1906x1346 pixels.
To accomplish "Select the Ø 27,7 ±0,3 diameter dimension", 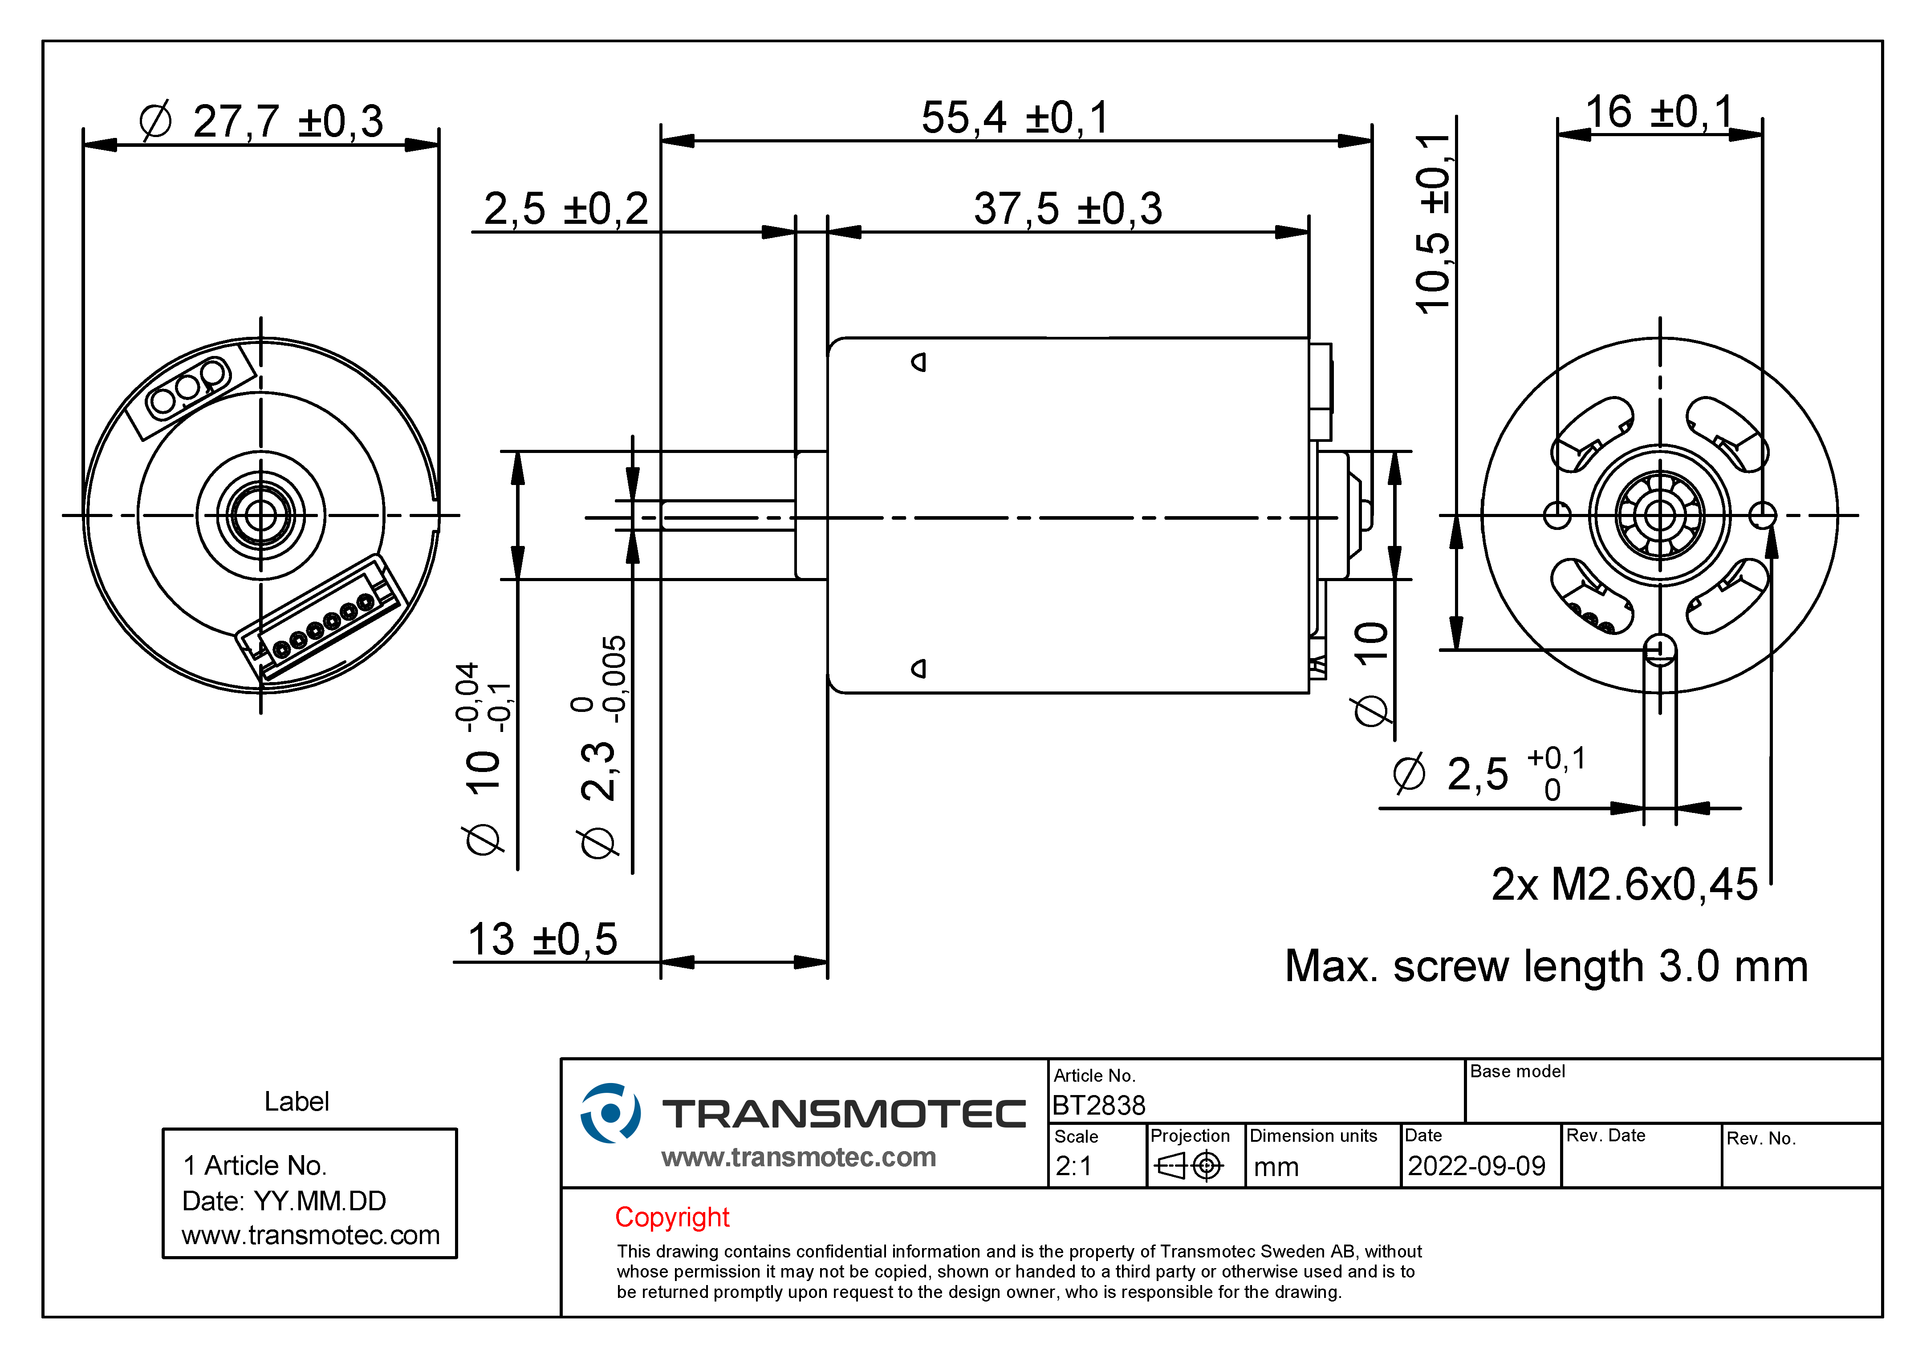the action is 260,121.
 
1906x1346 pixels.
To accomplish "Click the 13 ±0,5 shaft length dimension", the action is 543,939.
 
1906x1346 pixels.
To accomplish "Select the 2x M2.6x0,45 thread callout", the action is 1625,885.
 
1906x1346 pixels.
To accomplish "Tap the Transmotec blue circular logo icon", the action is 610,1113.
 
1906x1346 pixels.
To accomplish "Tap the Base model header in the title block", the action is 1517,1071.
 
